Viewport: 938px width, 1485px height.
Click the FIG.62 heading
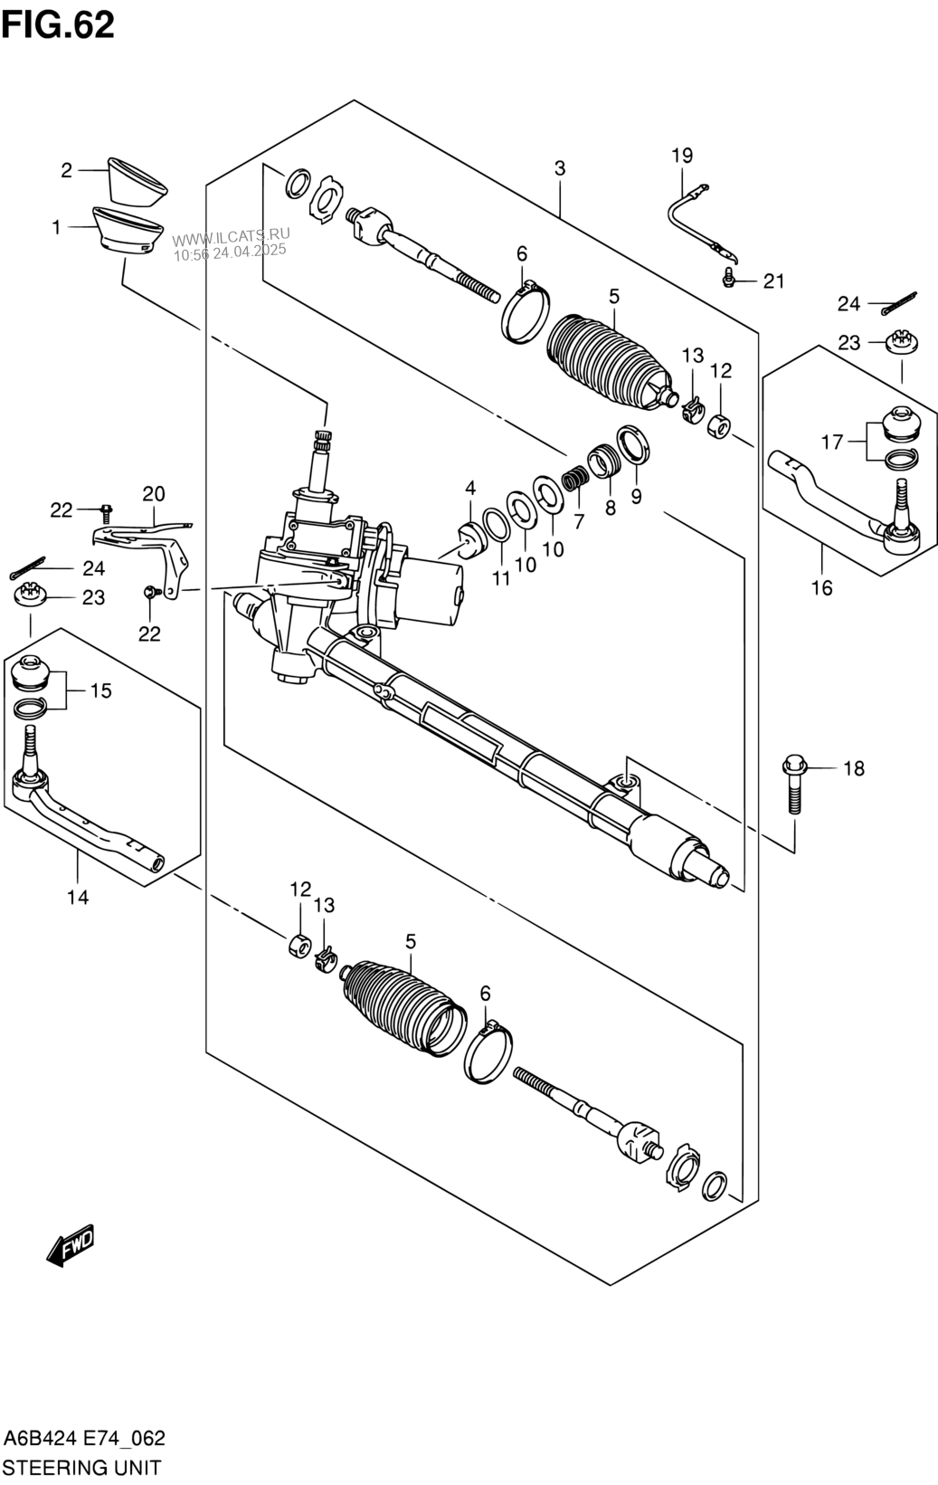58,25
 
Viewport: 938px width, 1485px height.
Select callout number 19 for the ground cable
682,156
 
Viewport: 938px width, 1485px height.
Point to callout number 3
560,168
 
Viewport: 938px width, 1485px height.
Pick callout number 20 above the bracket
154,494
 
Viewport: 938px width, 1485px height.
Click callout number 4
470,489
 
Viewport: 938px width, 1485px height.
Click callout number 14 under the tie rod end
78,898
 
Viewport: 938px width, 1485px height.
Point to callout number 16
821,587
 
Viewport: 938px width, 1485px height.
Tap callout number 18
854,768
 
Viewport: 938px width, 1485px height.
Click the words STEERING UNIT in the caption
82,1467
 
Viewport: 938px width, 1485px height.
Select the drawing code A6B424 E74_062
84,1439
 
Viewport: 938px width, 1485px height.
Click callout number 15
100,690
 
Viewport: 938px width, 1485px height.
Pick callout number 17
833,442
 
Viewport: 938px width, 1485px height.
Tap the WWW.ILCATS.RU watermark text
232,237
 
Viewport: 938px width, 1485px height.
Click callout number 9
637,497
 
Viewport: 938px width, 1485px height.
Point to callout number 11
501,578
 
